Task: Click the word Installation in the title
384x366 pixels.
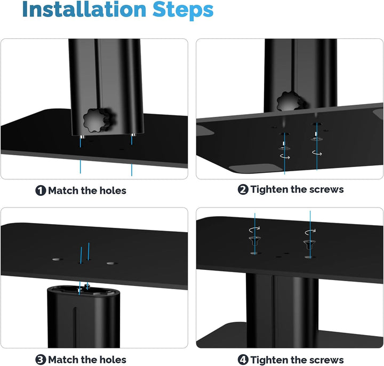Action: point(84,9)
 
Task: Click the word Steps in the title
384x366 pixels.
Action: point(183,11)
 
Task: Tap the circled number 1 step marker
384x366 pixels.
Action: point(41,190)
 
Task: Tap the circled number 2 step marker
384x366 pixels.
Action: point(243,189)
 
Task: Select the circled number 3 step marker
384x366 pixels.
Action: point(41,360)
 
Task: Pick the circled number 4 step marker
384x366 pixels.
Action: point(243,360)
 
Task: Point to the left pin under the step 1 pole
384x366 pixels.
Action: point(82,137)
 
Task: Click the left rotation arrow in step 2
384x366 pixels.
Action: point(285,156)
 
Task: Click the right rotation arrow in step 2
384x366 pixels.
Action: point(317,153)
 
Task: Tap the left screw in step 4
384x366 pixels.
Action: point(255,241)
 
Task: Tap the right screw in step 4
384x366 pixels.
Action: point(309,244)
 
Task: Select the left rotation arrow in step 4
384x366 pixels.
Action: point(254,229)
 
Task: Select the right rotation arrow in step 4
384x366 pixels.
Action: point(310,232)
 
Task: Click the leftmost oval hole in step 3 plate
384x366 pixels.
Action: point(58,259)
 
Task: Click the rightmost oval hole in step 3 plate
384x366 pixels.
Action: point(112,264)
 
